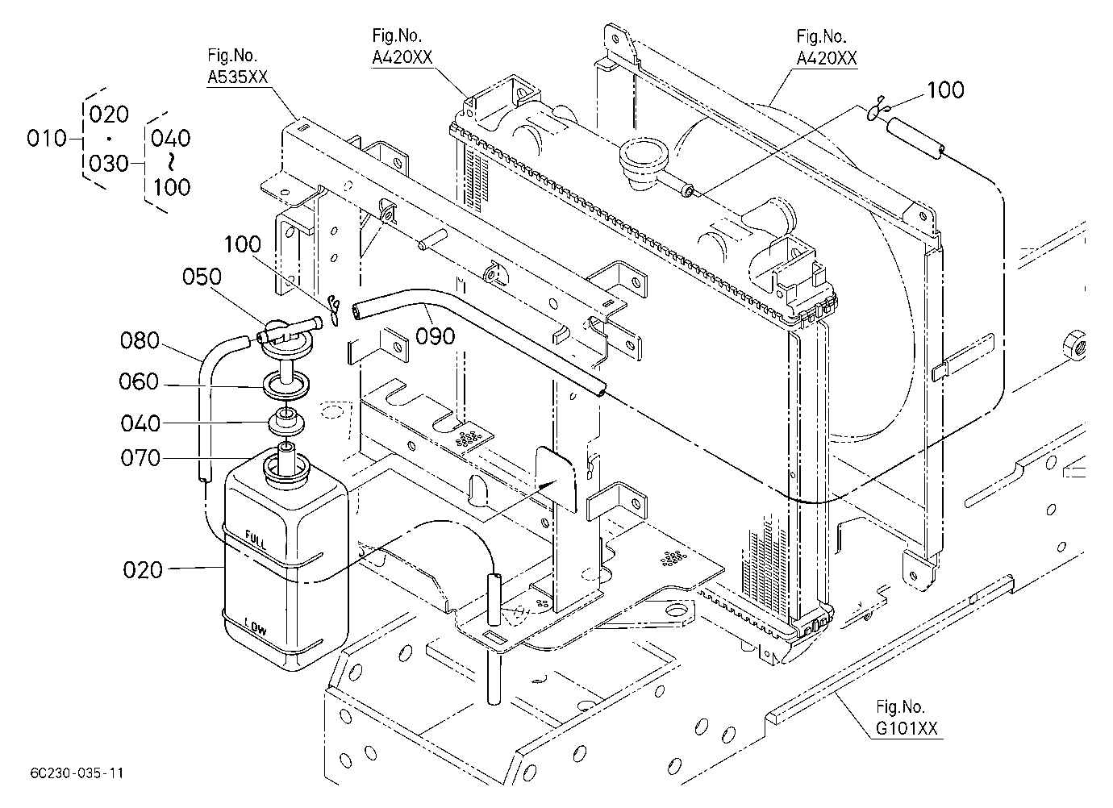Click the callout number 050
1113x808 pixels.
pyautogui.click(x=202, y=277)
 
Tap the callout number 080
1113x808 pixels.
pyautogui.click(x=140, y=340)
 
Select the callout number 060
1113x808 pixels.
pyautogui.click(x=139, y=381)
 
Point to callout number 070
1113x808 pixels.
pyautogui.click(x=140, y=458)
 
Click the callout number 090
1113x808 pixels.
pyautogui.click(x=436, y=336)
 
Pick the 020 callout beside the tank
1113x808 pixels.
pyautogui.click(x=143, y=570)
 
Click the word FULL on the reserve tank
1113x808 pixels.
pyautogui.click(x=256, y=539)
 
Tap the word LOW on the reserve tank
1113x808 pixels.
pyautogui.click(x=256, y=627)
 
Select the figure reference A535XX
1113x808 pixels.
pyautogui.click(x=237, y=77)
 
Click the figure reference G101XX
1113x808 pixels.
pyautogui.click(x=907, y=728)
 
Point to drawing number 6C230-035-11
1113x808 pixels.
pyautogui.click(x=77, y=773)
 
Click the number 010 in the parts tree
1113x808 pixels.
pyautogui.click(x=47, y=138)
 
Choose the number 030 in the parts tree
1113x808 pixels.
pyautogui.click(x=109, y=163)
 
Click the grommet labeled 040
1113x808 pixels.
pyautogui.click(x=286, y=422)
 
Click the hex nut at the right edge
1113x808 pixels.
pyautogui.click(x=1075, y=345)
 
